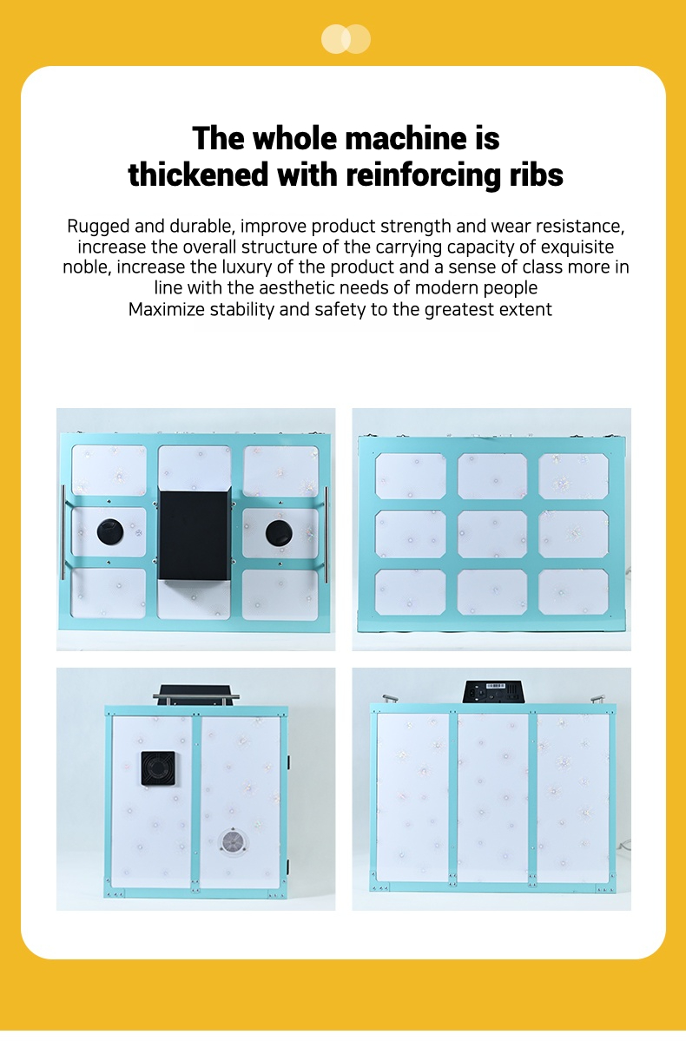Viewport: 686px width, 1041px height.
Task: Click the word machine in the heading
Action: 406,139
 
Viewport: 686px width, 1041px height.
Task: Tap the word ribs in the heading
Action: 537,175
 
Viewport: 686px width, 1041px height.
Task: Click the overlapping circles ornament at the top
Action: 346,39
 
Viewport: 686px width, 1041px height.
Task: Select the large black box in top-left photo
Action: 194,535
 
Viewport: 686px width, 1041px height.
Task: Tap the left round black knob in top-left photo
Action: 110,531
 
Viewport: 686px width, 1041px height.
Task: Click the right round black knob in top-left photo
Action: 279,532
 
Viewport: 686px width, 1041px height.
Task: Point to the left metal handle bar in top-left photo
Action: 63,532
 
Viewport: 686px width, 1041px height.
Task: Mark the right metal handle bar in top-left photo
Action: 326,535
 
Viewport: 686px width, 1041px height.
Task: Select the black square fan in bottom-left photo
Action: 158,768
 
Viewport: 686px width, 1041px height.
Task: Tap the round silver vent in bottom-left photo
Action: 233,842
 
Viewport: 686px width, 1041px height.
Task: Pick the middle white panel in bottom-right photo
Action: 492,797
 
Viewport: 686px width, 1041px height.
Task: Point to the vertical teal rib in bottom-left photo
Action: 196,801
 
